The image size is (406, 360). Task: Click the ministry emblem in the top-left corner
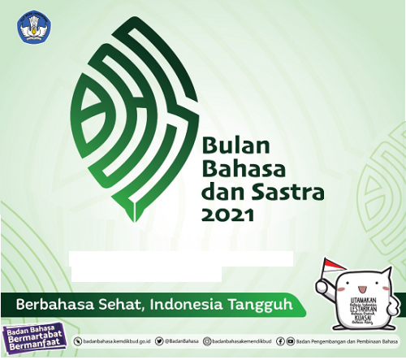31,28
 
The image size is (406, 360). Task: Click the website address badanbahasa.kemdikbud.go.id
119,342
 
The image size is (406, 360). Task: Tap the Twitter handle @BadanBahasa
182,342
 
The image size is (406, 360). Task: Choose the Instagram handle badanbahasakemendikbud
241,342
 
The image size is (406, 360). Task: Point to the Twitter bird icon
160,342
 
